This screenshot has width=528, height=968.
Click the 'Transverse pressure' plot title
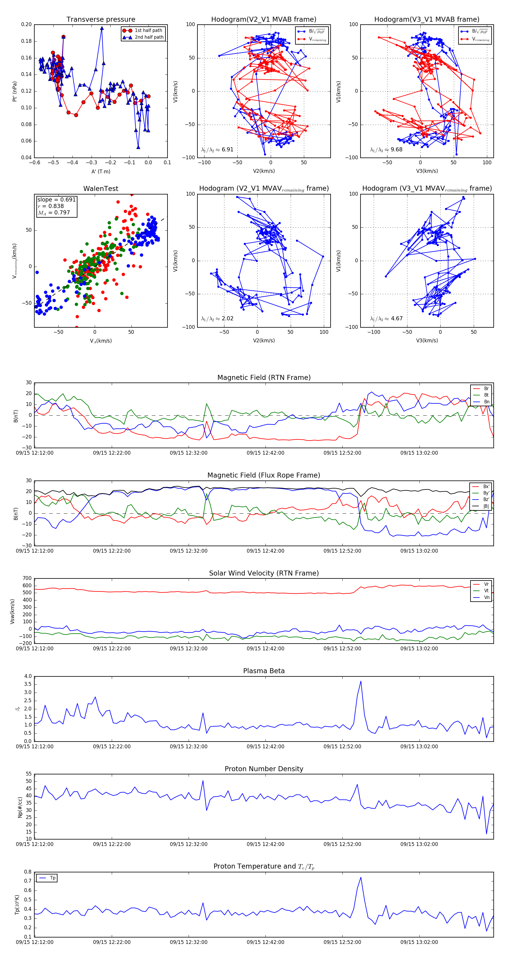tap(101, 20)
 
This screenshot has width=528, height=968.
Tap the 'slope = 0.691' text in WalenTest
tap(56, 199)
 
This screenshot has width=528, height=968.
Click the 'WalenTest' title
tap(101, 189)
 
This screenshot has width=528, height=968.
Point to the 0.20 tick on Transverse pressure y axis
tap(26, 24)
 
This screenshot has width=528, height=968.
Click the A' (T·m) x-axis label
tap(101, 171)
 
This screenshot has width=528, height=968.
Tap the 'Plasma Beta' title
tap(264, 671)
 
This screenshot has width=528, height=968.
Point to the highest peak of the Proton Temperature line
tap(361, 877)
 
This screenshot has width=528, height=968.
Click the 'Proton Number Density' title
tap(264, 769)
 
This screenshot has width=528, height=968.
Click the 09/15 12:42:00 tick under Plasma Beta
tap(265, 747)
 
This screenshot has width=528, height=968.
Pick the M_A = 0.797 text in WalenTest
tap(54, 213)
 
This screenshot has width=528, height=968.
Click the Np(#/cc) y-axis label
tap(20, 807)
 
